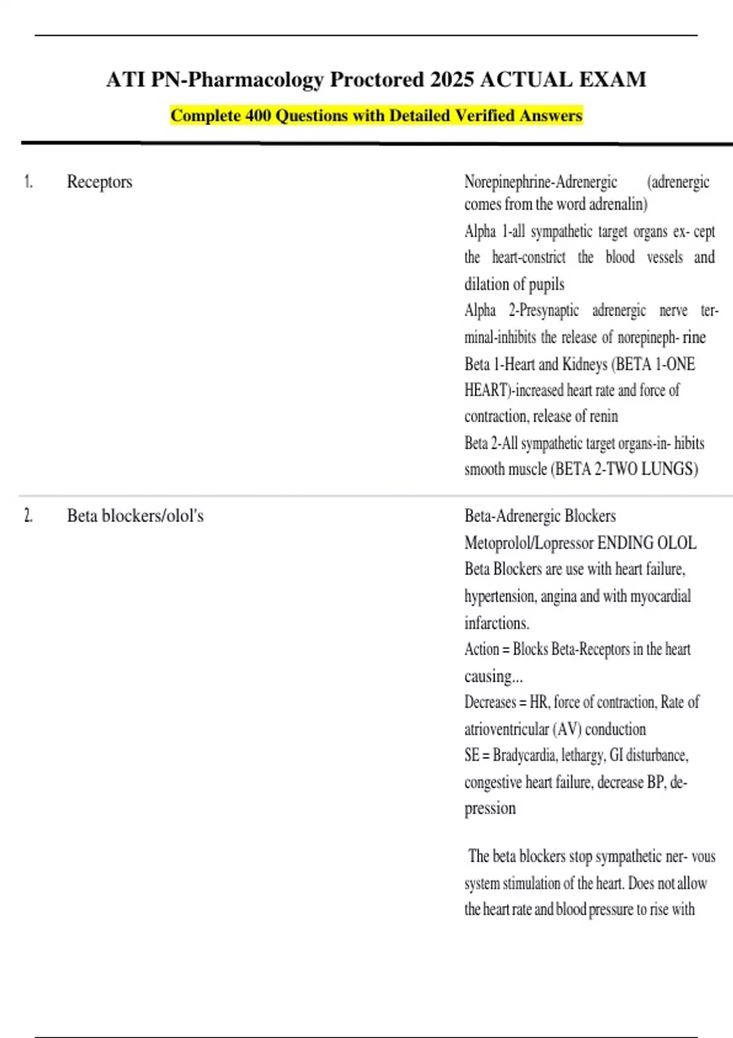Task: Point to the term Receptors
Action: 100,182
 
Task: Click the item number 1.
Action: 28,182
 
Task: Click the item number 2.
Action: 28,516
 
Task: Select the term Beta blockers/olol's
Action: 135,516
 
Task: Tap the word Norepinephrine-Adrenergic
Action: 541,182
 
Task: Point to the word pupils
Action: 547,285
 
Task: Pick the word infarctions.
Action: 497,623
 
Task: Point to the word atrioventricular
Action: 506,729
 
